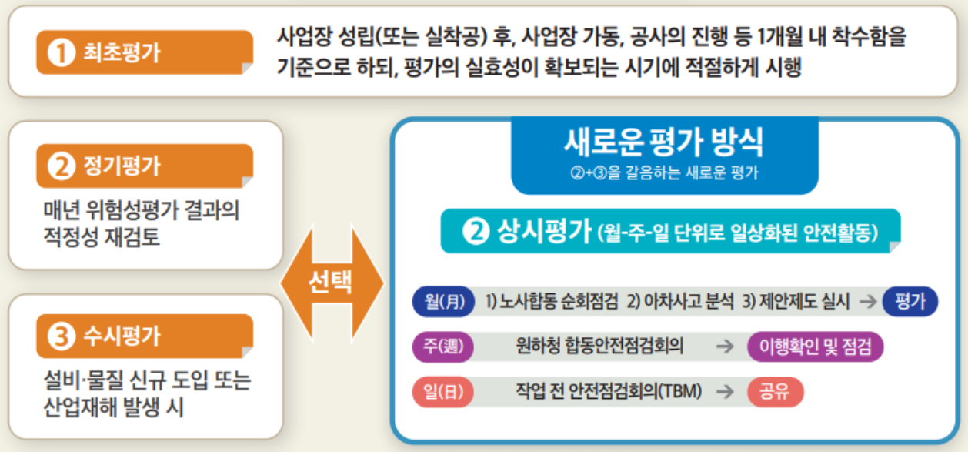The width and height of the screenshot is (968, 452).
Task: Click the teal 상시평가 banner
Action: [669, 232]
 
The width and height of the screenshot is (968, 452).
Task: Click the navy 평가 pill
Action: [910, 302]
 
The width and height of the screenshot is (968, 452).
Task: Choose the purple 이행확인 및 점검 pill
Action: [815, 347]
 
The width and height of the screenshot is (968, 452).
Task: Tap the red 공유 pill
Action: [775, 391]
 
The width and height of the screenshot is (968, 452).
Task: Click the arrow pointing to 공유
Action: [724, 391]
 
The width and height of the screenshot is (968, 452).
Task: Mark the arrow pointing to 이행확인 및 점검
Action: [724, 347]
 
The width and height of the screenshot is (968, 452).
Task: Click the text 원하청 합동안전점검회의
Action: [599, 347]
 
